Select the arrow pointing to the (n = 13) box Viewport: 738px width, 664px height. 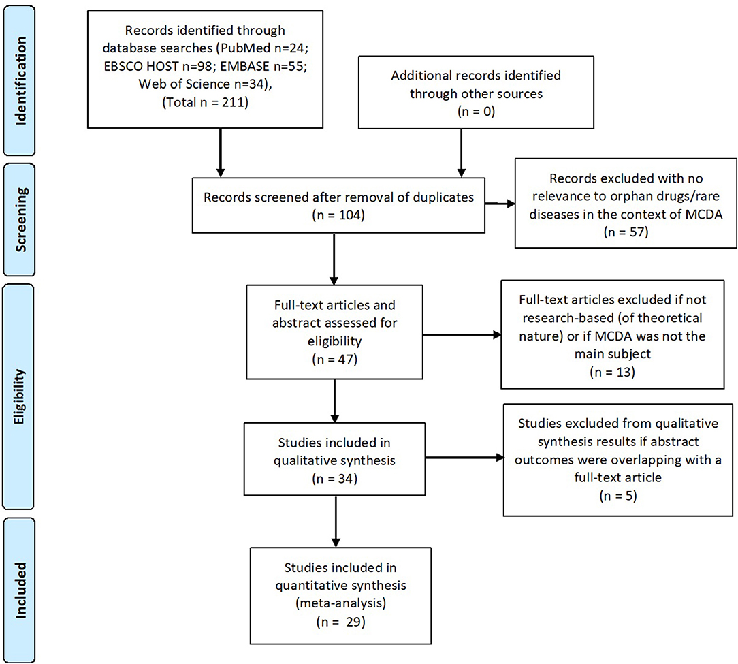461,334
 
